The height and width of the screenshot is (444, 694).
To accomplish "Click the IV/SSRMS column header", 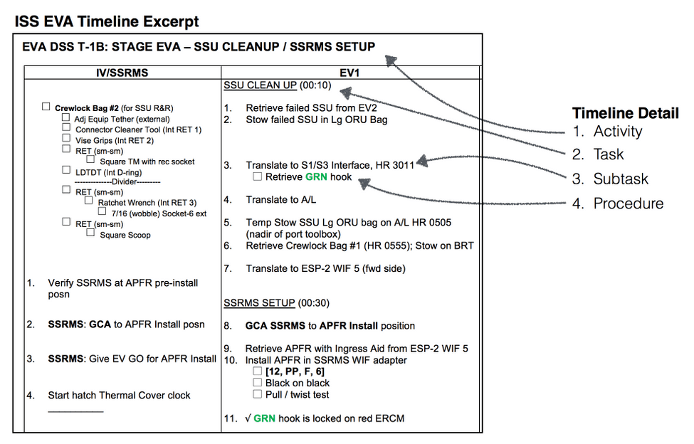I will pos(122,72).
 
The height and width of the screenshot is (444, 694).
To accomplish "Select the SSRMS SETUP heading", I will pos(259,302).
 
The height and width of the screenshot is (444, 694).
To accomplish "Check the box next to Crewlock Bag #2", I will pos(46,107).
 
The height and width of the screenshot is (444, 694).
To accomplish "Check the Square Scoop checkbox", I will pos(91,233).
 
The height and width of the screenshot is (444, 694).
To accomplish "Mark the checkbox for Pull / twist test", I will pos(258,393).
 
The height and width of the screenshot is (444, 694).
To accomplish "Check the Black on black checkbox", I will pos(258,383).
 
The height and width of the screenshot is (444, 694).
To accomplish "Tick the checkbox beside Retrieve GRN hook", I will pos(258,176).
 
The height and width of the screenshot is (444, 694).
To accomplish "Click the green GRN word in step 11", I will pos(264,418).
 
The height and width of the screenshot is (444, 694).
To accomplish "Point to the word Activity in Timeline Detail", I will pos(617,132).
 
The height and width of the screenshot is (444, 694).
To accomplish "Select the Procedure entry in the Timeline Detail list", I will pos(628,203).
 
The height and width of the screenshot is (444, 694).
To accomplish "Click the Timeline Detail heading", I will pos(625,113).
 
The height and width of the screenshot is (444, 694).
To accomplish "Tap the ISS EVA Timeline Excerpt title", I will pos(107,22).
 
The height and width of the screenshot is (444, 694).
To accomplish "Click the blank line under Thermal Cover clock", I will pos(75,411).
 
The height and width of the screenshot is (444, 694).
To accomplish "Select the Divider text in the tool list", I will pos(109,181).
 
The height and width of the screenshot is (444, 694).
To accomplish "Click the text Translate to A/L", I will pos(281,200).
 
